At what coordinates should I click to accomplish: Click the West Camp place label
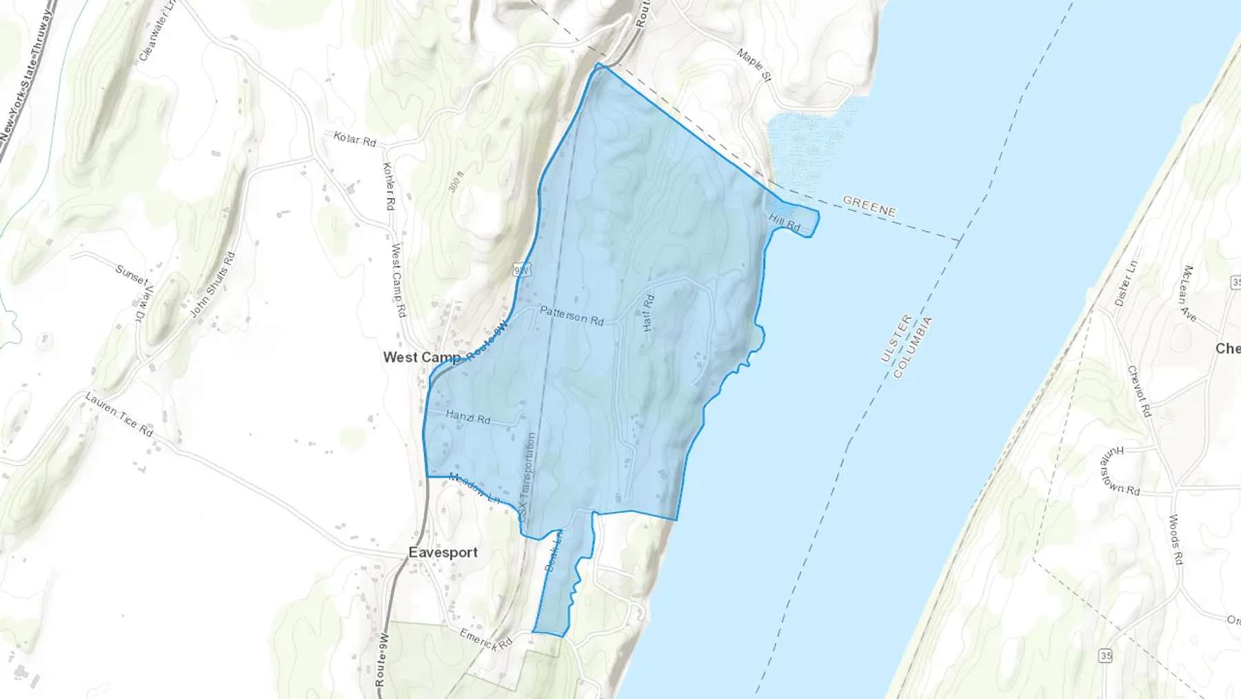(x=421, y=357)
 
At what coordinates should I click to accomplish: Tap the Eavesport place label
(x=443, y=552)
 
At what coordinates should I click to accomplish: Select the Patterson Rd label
(x=572, y=315)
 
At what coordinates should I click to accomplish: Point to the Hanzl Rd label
(x=467, y=416)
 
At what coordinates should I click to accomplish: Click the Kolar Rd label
(x=354, y=139)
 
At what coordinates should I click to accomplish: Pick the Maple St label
(x=754, y=63)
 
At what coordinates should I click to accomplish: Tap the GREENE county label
(x=869, y=206)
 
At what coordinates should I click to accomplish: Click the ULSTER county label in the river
(x=896, y=338)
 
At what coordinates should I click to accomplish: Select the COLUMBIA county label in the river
(x=913, y=347)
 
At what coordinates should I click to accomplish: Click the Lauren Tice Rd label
(x=119, y=413)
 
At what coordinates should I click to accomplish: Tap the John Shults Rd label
(x=212, y=284)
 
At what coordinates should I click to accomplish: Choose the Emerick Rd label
(x=486, y=638)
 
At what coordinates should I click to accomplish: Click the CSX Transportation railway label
(x=527, y=477)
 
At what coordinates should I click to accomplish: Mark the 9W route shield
(x=522, y=270)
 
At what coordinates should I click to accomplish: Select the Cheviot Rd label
(x=1139, y=391)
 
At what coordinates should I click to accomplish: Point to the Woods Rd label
(x=1176, y=540)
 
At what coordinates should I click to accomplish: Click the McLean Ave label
(x=1189, y=293)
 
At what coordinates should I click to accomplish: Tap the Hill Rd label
(x=785, y=222)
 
